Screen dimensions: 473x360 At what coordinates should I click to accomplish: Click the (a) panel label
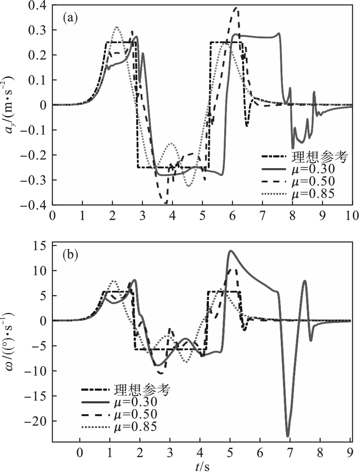[x=69, y=18]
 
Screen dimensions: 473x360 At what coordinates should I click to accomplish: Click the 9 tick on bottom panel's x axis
[x=350, y=452]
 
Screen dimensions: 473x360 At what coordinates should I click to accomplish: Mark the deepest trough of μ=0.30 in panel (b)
[x=288, y=436]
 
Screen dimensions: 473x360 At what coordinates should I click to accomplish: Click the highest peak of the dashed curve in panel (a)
[x=236, y=8]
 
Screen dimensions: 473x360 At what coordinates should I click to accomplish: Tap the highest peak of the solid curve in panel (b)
[x=230, y=251]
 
